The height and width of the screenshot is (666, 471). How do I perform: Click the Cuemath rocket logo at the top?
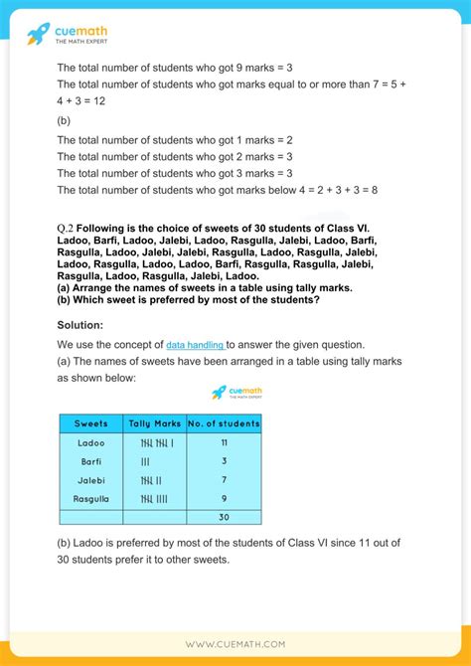point(39,36)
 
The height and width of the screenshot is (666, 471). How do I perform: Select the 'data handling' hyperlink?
point(195,344)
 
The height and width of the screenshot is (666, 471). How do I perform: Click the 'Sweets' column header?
point(90,423)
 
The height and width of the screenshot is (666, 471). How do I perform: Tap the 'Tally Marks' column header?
point(155,423)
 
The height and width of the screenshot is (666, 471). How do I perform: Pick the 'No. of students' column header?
point(224,423)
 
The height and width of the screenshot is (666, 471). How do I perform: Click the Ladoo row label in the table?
point(90,442)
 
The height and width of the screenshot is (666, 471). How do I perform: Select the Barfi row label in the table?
point(90,461)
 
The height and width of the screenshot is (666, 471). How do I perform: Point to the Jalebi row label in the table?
point(90,480)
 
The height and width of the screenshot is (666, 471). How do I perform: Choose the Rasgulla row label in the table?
point(90,499)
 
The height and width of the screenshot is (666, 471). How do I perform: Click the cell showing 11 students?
point(224,442)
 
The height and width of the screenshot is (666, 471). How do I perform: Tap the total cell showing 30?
point(224,518)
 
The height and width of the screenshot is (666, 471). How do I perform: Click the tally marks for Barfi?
point(146,461)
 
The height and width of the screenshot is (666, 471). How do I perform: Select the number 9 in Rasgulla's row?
point(224,499)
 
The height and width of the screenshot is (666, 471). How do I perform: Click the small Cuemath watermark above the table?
point(235,393)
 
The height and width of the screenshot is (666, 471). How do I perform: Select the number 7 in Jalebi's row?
point(224,480)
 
